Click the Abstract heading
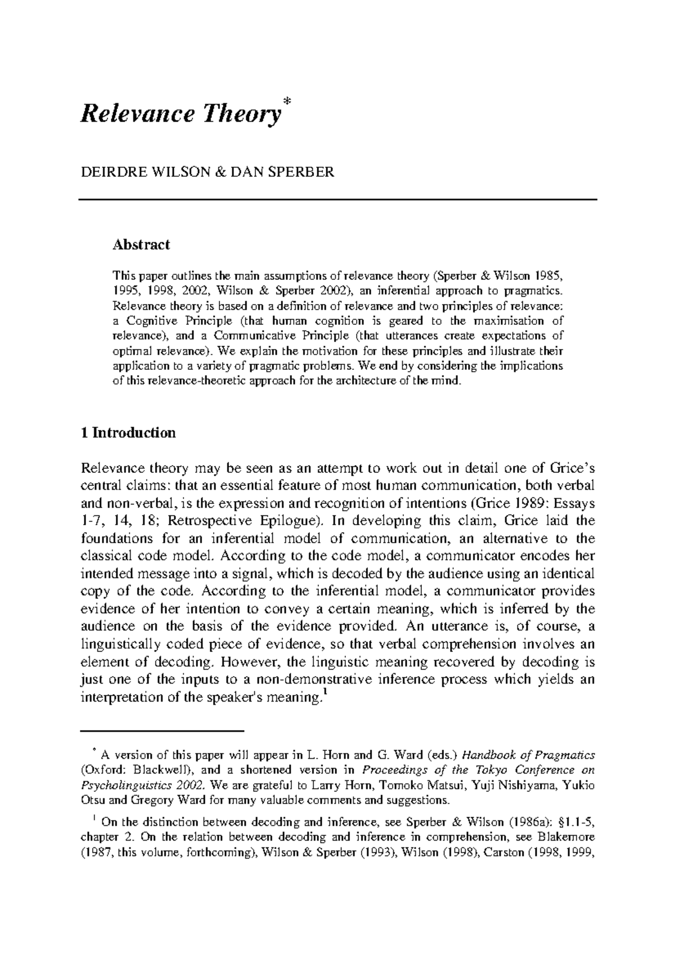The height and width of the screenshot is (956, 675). [141, 245]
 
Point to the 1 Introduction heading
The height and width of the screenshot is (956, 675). [128, 432]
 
